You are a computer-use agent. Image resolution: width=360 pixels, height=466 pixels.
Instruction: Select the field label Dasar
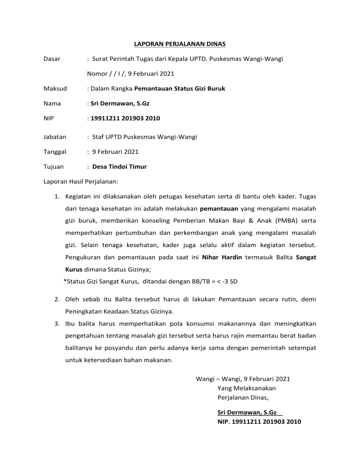click(x=52, y=59)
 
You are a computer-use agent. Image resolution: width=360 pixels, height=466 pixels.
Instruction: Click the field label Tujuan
click(x=53, y=166)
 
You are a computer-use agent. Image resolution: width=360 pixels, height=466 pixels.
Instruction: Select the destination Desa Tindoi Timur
click(x=120, y=166)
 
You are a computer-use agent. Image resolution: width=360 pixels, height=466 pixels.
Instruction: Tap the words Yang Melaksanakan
click(x=247, y=388)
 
